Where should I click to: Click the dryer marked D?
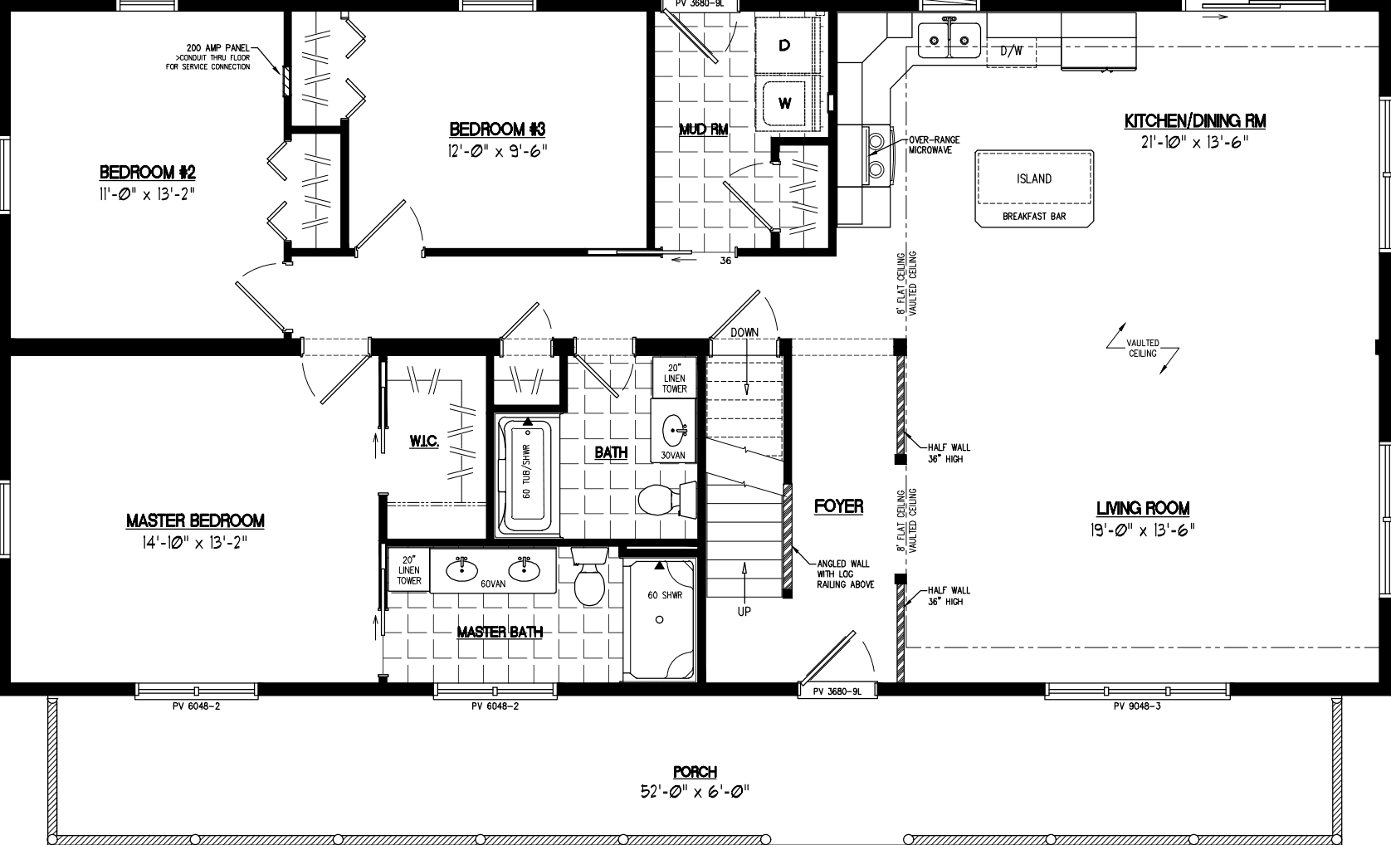click(784, 46)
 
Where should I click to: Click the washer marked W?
click(784, 104)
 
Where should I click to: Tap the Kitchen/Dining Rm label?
click(1194, 121)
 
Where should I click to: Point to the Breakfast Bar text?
click(1033, 217)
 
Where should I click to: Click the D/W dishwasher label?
click(1011, 51)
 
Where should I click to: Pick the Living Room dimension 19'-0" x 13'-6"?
click(1143, 530)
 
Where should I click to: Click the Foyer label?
click(838, 506)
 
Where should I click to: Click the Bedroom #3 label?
click(497, 129)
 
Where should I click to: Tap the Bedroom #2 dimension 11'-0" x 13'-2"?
click(148, 194)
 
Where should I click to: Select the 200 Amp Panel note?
click(212, 57)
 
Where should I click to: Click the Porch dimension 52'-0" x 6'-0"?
click(695, 792)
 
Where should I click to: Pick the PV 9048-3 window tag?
click(1137, 706)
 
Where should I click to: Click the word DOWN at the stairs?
click(744, 332)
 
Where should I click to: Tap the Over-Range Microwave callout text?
click(930, 145)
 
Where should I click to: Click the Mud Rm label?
click(704, 129)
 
